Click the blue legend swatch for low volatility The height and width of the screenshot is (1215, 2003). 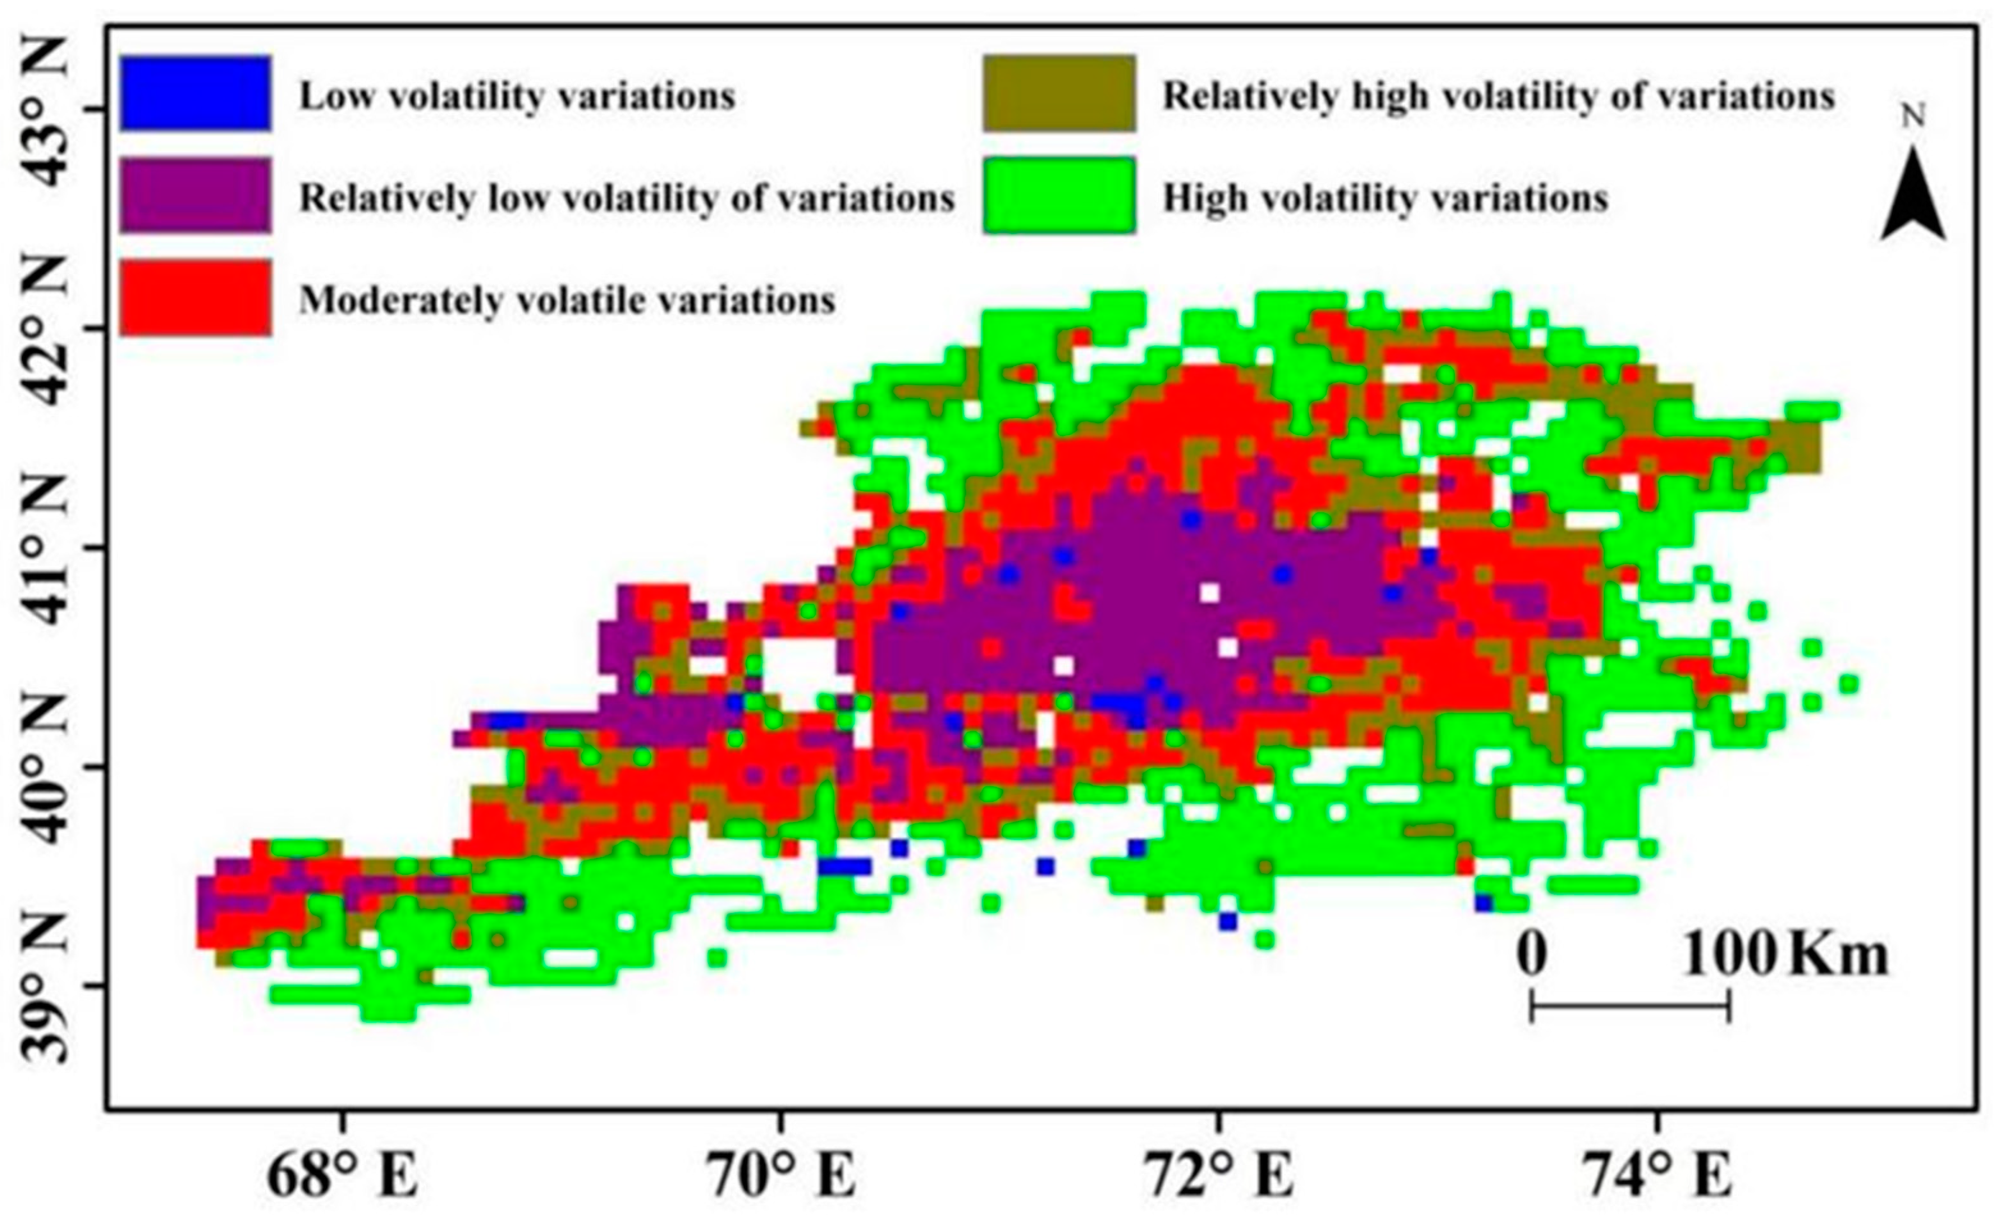coord(195,93)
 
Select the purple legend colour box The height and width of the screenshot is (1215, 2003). coord(195,195)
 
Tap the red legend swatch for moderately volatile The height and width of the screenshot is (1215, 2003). coord(195,298)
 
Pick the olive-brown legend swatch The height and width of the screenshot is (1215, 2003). coord(1058,93)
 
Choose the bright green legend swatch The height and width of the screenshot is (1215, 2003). coord(1058,195)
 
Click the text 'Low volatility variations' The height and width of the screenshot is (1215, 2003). coord(518,96)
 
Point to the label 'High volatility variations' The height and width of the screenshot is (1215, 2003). coord(1385,198)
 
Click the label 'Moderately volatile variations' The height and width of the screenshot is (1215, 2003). coord(567,301)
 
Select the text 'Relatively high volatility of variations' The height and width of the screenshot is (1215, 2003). coord(1499,96)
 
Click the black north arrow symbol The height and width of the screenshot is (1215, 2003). coord(1913,195)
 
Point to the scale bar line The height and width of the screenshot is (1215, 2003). coord(1631,1006)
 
